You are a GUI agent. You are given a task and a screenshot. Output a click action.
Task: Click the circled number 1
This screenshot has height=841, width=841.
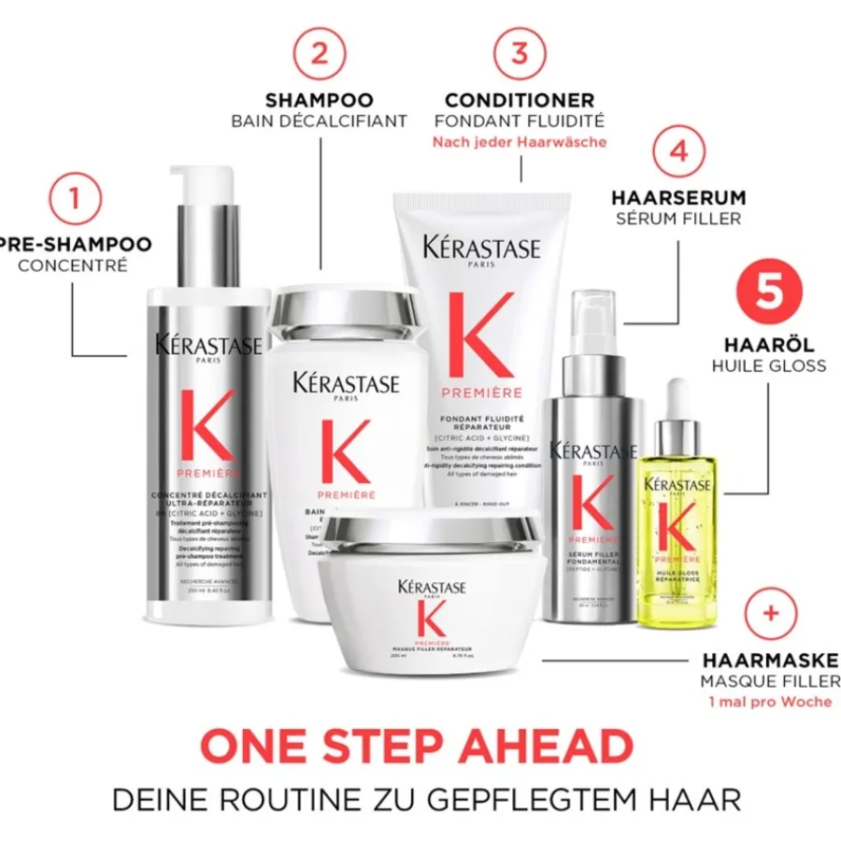tap(82, 198)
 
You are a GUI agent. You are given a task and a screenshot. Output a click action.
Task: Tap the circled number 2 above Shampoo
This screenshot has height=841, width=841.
tap(320, 52)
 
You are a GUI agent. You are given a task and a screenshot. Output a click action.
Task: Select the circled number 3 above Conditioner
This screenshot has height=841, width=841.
tap(520, 52)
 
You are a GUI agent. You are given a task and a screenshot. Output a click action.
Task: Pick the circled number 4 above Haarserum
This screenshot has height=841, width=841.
tap(679, 150)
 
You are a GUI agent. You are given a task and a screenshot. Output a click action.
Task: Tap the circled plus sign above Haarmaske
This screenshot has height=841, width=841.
tap(771, 613)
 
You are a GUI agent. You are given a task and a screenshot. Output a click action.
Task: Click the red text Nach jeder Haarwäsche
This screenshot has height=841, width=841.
tap(520, 142)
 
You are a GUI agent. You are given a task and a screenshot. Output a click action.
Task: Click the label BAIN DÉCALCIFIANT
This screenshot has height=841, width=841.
tap(320, 121)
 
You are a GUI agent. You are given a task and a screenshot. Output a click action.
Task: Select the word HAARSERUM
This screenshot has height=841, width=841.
tap(679, 198)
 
